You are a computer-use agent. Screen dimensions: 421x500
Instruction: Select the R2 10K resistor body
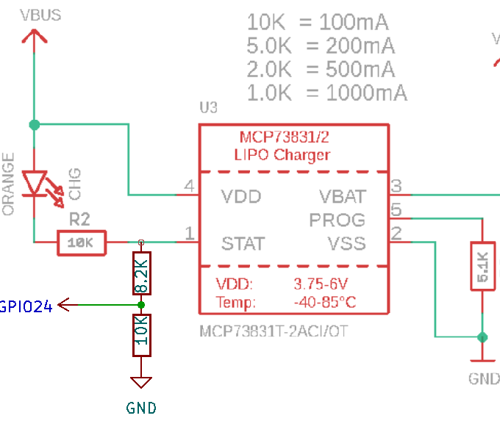point(82,242)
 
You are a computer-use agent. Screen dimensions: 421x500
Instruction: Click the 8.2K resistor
point(141,274)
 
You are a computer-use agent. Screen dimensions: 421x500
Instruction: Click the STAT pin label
point(243,243)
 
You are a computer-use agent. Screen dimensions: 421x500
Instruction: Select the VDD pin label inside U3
point(241,197)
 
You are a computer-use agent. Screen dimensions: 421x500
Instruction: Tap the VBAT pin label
point(342,197)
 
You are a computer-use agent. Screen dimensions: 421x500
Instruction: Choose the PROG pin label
point(337,220)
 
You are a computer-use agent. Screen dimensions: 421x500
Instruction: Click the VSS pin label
point(346,243)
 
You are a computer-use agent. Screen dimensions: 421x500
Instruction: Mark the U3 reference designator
point(208,108)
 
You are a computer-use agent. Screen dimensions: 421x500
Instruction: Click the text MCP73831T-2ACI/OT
point(274,331)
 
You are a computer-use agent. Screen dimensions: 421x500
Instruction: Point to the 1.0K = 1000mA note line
point(327,93)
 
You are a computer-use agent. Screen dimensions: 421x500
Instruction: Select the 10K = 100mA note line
point(318,22)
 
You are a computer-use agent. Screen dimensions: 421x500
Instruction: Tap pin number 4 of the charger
point(189,188)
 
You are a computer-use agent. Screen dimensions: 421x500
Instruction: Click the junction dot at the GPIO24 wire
point(141,304)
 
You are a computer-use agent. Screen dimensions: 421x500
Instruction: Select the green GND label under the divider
point(141,408)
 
